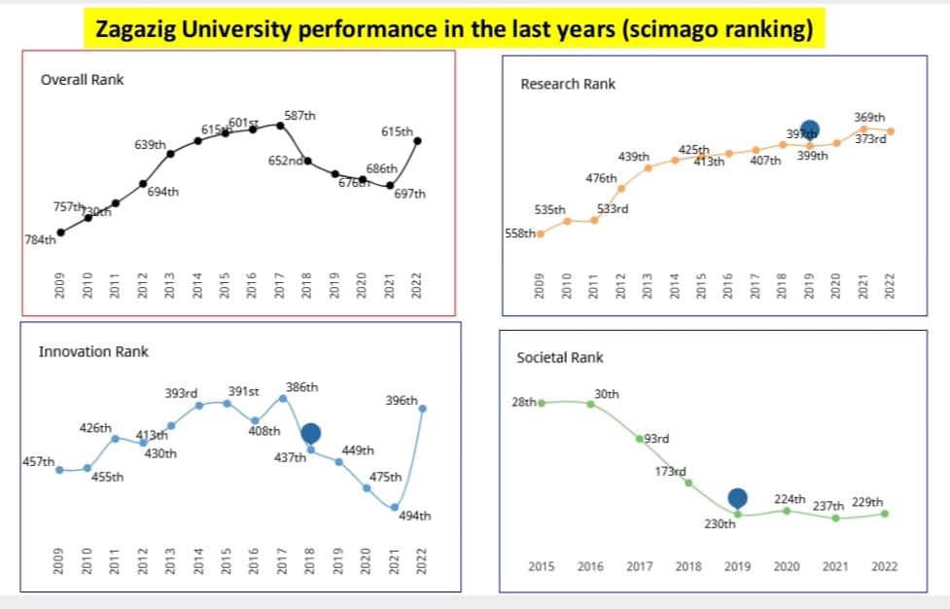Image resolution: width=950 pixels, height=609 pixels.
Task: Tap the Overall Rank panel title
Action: pyautogui.click(x=82, y=80)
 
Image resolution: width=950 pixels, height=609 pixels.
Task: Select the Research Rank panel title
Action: pyautogui.click(x=568, y=84)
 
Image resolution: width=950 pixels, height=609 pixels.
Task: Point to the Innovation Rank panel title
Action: pyautogui.click(x=93, y=351)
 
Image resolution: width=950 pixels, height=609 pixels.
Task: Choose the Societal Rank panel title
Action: pyautogui.click(x=560, y=358)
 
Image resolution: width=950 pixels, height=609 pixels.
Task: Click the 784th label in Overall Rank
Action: pyautogui.click(x=40, y=240)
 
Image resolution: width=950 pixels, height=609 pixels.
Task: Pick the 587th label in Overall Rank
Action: pyautogui.click(x=299, y=115)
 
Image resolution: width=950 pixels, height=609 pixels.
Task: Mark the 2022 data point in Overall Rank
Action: pyautogui.click(x=418, y=141)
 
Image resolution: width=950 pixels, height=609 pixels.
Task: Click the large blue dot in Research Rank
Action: pyautogui.click(x=809, y=128)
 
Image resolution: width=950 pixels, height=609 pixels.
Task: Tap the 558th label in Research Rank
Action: pyautogui.click(x=519, y=233)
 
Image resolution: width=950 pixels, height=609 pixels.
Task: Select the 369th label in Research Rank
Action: pyautogui.click(x=869, y=117)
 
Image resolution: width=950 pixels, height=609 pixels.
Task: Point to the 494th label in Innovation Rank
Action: pyautogui.click(x=414, y=516)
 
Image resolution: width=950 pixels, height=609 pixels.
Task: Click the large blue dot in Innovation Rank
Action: pyautogui.click(x=310, y=433)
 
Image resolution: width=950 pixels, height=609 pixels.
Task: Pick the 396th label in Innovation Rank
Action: pyautogui.click(x=401, y=400)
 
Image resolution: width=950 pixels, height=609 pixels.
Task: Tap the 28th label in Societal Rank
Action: pyautogui.click(x=523, y=402)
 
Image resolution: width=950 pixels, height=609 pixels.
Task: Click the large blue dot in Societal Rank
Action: pyautogui.click(x=737, y=498)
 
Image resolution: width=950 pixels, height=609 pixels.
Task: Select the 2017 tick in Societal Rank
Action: pyautogui.click(x=639, y=566)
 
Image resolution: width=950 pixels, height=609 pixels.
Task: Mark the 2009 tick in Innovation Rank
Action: pyautogui.click(x=58, y=562)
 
